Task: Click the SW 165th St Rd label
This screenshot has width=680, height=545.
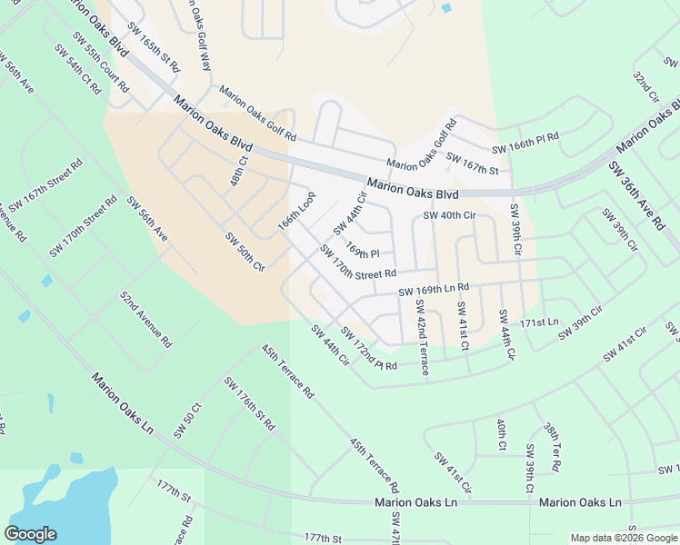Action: click(x=154, y=47)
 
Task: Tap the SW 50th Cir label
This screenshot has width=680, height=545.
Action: click(x=245, y=253)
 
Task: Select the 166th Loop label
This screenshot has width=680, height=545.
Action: click(x=296, y=211)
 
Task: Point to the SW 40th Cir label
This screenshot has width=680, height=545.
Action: click(x=450, y=215)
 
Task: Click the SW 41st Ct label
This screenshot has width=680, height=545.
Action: click(x=463, y=325)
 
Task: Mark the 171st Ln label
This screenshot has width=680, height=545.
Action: click(x=539, y=322)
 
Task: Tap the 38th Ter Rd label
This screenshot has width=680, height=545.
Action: click(x=552, y=447)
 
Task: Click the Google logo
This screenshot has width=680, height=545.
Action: click(x=30, y=534)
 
